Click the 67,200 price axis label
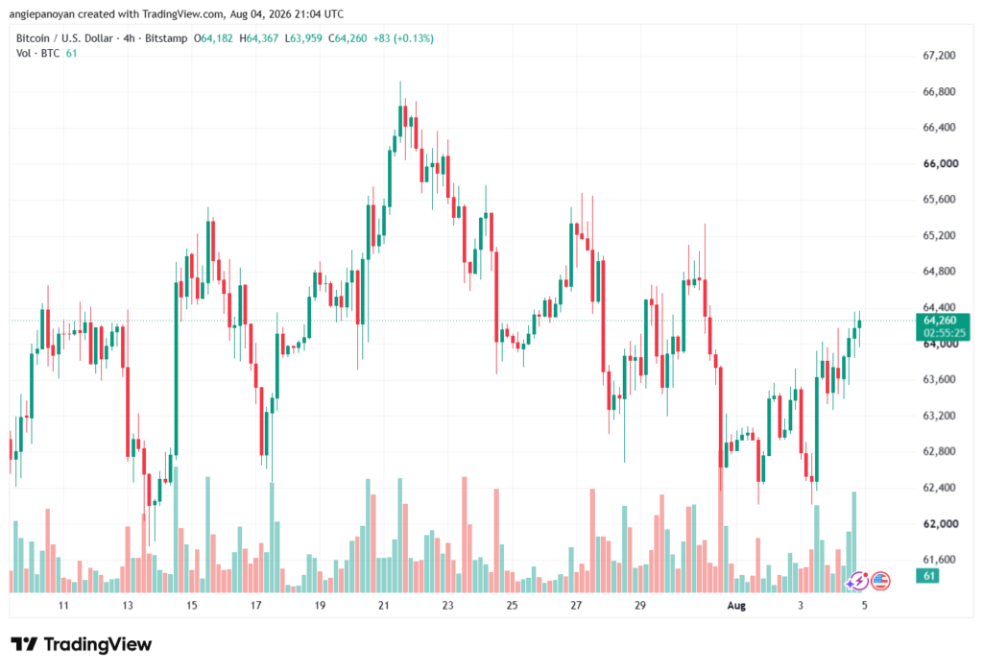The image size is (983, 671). point(939,55)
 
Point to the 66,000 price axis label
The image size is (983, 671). point(941,164)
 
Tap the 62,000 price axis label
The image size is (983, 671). point(941,523)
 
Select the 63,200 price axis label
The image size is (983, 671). point(939,415)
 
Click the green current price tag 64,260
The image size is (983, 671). point(941,321)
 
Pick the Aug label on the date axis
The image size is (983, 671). point(736,606)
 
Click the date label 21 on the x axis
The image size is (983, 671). point(384,606)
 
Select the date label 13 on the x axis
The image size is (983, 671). point(128,606)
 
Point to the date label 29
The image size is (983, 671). point(639,606)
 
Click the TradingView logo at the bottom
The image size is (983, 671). point(81,644)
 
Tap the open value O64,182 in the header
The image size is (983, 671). point(213,38)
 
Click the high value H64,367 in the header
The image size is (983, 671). point(259,38)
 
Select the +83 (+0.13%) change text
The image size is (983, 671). point(403,38)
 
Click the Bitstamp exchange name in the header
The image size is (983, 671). point(166,38)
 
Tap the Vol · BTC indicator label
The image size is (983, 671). point(37,54)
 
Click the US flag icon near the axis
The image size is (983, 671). point(880,582)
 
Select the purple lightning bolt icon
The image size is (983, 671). point(856,582)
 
